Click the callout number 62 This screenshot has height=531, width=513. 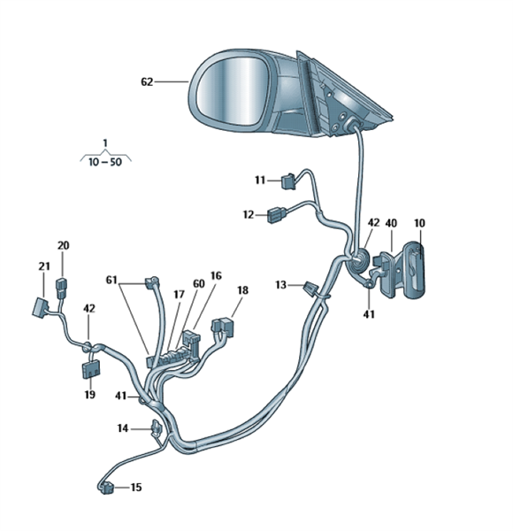click(147, 82)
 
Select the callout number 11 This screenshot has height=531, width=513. click(260, 181)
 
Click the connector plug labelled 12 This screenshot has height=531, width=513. click(277, 215)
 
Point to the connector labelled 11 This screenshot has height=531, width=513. click(288, 181)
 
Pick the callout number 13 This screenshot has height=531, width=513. click(281, 285)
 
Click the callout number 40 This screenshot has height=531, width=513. click(391, 223)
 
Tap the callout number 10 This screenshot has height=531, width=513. click(419, 223)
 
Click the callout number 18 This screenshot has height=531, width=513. click(242, 290)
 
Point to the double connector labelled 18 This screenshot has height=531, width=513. click(224, 327)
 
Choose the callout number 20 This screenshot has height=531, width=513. click(64, 245)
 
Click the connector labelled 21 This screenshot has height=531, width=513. click(41, 308)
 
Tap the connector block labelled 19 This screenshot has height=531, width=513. click(91, 369)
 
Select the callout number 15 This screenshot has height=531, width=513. click(136, 488)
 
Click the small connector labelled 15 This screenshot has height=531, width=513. click(106, 488)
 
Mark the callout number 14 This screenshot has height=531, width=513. click(123, 428)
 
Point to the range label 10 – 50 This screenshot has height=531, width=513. click(105, 162)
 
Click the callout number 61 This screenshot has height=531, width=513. click(111, 280)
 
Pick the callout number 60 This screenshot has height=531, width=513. click(199, 283)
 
